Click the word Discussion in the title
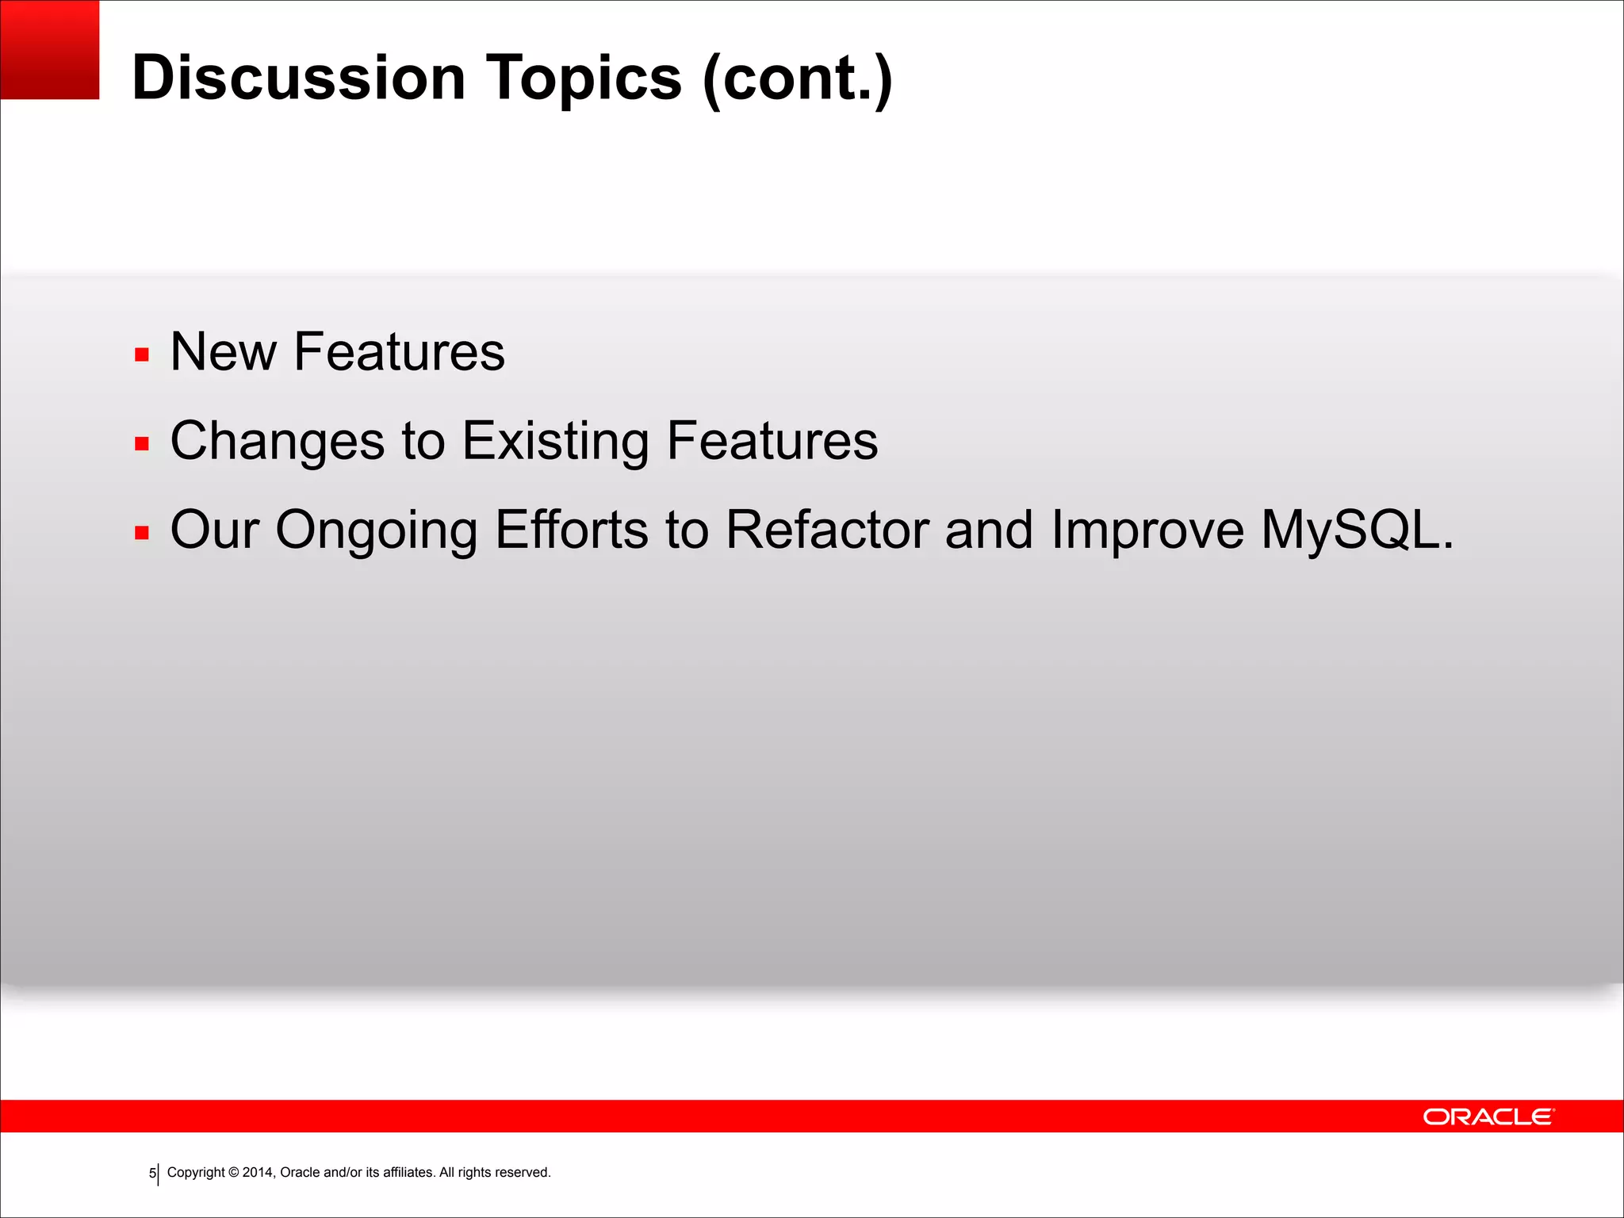(298, 78)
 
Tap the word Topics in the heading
(583, 78)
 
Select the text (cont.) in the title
(798, 78)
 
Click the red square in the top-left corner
(49, 49)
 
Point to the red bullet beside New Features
(142, 354)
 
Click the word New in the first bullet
(223, 351)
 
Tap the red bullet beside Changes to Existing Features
(142, 443)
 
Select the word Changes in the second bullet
(277, 441)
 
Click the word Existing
(555, 441)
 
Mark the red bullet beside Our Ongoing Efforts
(142, 532)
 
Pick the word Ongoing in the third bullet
(376, 530)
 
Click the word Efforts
(571, 529)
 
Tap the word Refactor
(826, 529)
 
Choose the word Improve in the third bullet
(1147, 529)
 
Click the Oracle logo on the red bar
(1488, 1116)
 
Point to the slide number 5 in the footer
(152, 1174)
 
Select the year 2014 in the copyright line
(258, 1173)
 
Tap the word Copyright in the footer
(196, 1173)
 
